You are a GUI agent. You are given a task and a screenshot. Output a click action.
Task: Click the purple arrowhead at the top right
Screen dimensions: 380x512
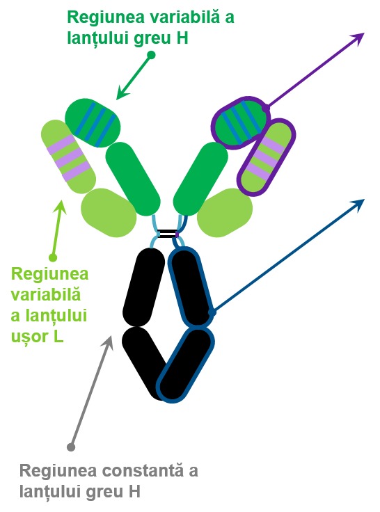(x=358, y=38)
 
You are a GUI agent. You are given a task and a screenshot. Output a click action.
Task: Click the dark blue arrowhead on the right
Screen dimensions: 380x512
(x=358, y=205)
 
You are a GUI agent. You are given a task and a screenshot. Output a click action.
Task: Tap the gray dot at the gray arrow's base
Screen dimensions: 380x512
(x=71, y=447)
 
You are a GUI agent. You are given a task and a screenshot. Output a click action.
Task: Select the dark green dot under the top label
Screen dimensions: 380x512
(x=151, y=55)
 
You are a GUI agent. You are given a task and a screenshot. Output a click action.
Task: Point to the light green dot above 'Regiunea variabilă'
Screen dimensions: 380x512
(x=53, y=257)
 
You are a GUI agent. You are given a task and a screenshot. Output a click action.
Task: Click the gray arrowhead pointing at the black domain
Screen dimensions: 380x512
(x=108, y=342)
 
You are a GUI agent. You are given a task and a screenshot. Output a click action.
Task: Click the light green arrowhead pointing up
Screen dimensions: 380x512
(x=61, y=206)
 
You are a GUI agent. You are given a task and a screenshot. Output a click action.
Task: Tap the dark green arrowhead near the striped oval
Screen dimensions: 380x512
(x=122, y=93)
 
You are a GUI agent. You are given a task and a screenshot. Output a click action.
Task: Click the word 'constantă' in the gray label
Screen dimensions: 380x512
(x=143, y=471)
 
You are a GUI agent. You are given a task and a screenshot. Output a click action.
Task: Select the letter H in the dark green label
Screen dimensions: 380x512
(x=183, y=38)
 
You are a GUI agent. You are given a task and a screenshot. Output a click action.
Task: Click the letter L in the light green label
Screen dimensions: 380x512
(x=58, y=336)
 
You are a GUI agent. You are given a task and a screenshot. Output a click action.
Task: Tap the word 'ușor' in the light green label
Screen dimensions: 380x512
(x=29, y=337)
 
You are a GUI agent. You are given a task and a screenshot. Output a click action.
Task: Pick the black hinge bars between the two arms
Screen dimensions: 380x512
(x=167, y=234)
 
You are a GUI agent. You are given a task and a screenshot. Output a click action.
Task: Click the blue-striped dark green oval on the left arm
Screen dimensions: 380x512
(x=93, y=123)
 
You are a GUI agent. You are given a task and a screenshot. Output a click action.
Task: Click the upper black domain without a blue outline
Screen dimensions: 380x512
(x=144, y=287)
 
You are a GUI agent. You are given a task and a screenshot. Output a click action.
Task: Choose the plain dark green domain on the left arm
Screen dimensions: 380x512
(x=133, y=179)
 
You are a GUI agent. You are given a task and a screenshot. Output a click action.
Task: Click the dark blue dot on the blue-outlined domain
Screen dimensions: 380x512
(x=212, y=312)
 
